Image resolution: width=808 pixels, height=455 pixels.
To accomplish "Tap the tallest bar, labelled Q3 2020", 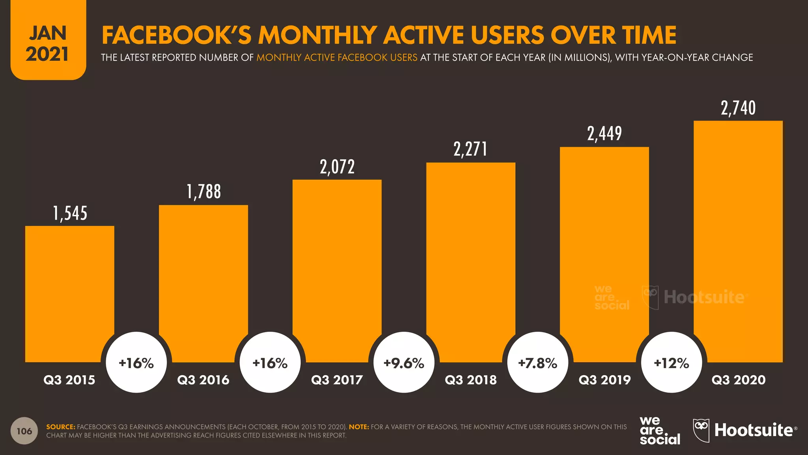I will click(738, 241).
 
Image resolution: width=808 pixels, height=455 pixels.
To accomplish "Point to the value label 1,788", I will click(204, 192).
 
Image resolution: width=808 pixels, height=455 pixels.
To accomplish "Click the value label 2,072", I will click(337, 167).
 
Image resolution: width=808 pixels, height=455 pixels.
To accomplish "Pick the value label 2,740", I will click(738, 108).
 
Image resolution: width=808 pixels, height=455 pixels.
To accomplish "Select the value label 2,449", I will click(604, 133).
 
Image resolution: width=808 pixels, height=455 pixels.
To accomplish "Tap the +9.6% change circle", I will click(404, 363).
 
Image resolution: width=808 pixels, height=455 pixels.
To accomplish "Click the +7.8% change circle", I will click(537, 363).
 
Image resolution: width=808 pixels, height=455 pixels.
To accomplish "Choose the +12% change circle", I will click(671, 363).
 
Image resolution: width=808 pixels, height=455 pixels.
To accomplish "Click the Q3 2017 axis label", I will click(337, 380).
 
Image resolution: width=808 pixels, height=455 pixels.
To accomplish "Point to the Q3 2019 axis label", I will click(604, 380).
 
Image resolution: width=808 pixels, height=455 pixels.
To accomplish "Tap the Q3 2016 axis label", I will click(203, 380).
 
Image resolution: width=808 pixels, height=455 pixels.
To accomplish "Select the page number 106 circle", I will click(24, 431).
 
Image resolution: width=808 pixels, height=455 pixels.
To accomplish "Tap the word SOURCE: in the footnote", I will click(60, 427).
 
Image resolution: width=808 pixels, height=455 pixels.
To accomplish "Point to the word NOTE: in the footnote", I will click(359, 427).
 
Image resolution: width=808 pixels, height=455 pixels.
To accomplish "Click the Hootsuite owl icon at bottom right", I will click(701, 430).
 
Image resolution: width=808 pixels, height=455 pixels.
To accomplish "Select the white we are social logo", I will click(659, 431).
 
